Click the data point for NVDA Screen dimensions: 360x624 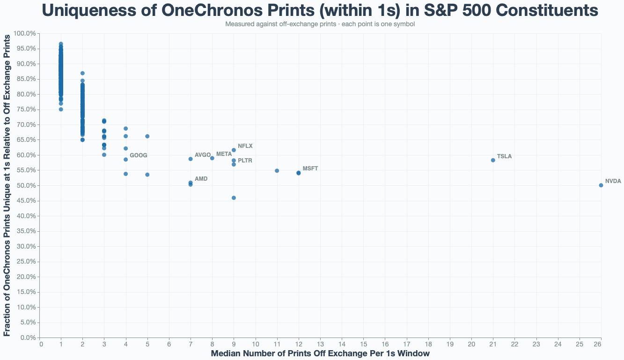click(601, 185)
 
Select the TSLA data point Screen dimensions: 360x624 click(493, 160)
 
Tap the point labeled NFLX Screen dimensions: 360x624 click(234, 150)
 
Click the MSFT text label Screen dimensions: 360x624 click(310, 169)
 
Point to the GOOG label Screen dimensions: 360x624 click(138, 155)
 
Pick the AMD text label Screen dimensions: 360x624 click(201, 179)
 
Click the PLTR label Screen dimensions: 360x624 click(245, 161)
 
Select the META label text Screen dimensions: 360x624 click(224, 154)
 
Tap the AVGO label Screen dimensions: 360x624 click(203, 155)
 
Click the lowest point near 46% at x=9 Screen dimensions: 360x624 click(234, 198)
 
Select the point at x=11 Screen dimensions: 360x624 click(277, 171)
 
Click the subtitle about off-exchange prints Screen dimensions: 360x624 click(320, 24)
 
